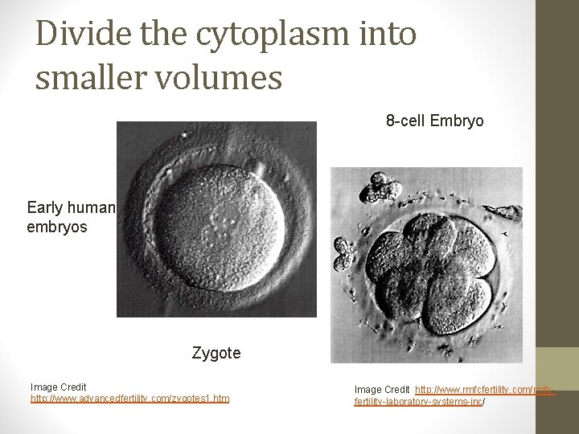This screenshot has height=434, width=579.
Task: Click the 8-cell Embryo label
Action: pos(434,121)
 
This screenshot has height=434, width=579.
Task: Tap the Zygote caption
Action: pos(216,352)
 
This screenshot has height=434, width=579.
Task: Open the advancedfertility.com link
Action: pos(129,398)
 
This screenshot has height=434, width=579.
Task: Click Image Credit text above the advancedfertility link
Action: pos(58,387)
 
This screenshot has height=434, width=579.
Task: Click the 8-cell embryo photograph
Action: pos(426,265)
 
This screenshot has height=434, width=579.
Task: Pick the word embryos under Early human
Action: pos(58,227)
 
